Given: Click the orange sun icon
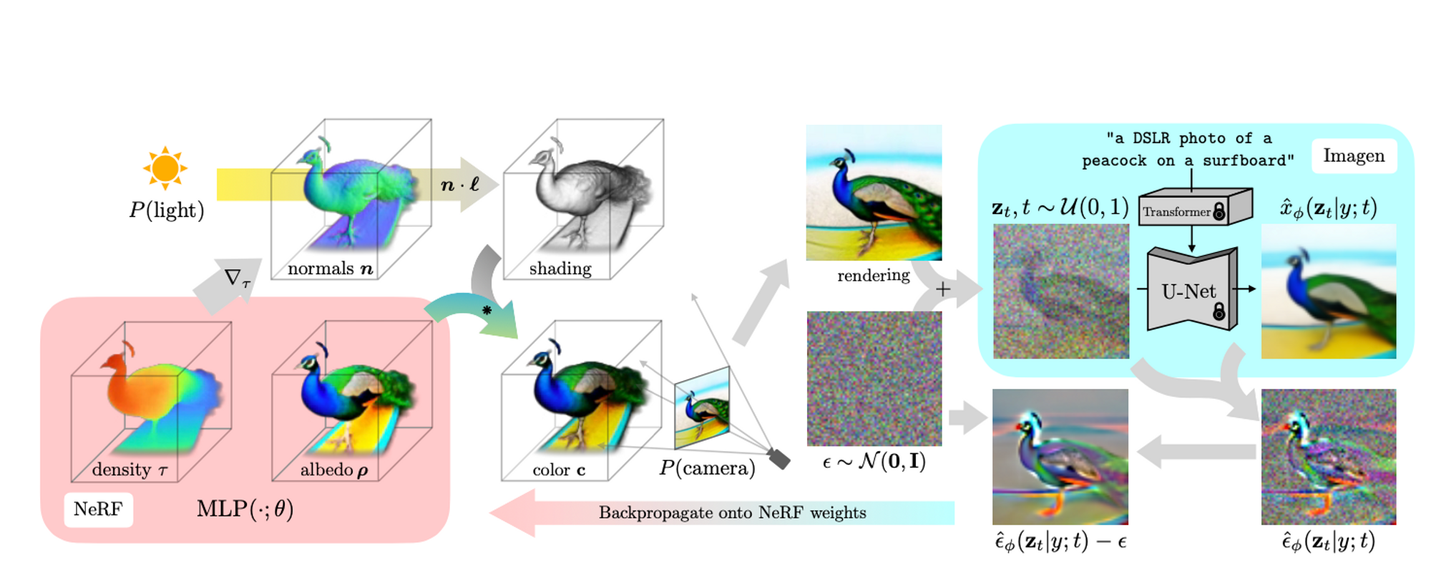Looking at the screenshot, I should coord(165,168).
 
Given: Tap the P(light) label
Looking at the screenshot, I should coord(166,210).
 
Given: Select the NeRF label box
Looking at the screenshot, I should coord(98,509).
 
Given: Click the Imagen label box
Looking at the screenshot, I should coord(1353,156).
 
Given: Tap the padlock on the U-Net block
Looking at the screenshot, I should coord(1218,311).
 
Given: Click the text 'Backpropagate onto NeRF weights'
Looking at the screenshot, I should coord(732,513).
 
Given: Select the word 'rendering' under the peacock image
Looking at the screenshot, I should coord(873,276).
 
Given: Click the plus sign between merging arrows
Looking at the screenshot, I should coord(943,289).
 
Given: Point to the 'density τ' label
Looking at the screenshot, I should coord(130,470).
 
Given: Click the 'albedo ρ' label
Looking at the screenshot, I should coord(334,470).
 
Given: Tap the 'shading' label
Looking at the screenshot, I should coord(560,269).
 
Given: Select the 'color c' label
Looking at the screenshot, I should coord(559,470).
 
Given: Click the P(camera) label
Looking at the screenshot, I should coord(707,468).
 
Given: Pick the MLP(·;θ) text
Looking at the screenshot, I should coord(245,509).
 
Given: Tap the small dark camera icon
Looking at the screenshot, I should coord(778,458).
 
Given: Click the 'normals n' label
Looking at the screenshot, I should coord(330,269).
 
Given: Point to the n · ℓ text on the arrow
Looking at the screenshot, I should coord(460,185).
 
